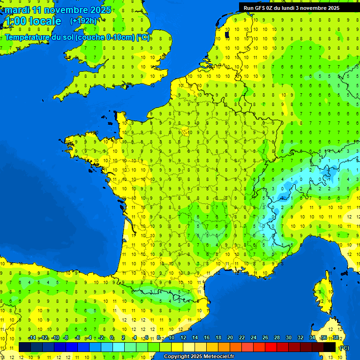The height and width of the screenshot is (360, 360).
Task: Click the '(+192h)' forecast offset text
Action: (x=83, y=21)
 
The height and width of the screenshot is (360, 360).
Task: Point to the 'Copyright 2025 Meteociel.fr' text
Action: (x=199, y=357)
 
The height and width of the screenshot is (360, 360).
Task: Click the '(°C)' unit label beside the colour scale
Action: (x=344, y=348)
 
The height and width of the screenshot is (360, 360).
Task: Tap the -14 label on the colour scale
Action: (x=32, y=338)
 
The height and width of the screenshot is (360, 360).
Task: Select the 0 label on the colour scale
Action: (x=112, y=338)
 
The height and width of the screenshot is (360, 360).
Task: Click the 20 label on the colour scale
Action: (x=230, y=338)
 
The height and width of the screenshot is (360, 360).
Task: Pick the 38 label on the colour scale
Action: (x=336, y=338)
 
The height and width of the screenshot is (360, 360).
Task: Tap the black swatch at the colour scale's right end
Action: (x=330, y=347)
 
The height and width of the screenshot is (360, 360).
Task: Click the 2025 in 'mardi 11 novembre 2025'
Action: (x=100, y=10)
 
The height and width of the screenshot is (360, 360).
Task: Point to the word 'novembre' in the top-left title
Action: (x=66, y=10)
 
